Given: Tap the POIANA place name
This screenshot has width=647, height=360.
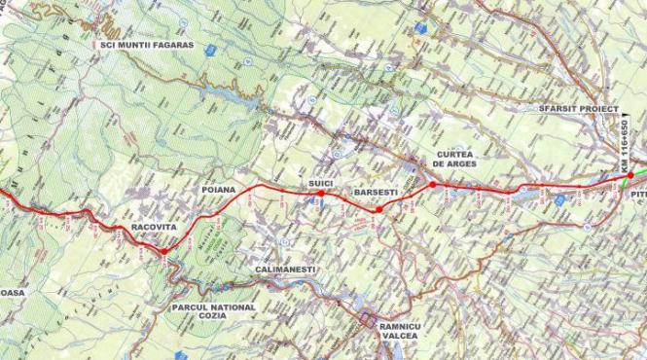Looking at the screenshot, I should pos(220,189).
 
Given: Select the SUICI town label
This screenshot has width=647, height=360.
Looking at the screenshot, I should pos(321,182).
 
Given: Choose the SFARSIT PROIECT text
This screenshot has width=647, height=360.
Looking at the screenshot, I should pos(578,110).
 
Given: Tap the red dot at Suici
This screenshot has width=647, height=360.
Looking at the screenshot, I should pos(321,194).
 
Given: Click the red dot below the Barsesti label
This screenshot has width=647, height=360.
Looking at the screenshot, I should pos(378,209).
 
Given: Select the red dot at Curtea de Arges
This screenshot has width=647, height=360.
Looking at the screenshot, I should pos(432,184).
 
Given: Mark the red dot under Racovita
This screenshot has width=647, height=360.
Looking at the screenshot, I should pos(163,251).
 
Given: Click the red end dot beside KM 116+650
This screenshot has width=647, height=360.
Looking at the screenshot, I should pos(630,176).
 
